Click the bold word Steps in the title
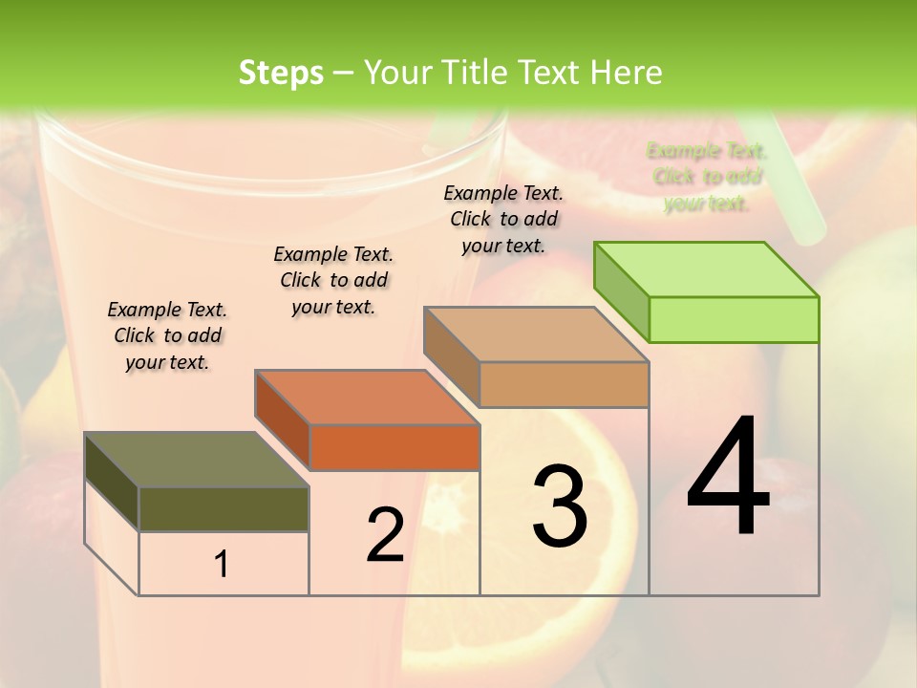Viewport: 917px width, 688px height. tap(281, 73)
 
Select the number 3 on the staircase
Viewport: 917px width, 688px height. tap(560, 506)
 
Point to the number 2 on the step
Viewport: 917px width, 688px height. tap(385, 536)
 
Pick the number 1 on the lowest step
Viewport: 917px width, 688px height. tap(222, 565)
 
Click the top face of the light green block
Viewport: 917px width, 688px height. tap(707, 269)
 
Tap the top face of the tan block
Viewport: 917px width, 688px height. tap(537, 334)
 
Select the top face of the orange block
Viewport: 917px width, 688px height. tap(368, 398)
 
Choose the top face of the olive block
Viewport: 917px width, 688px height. tap(197, 460)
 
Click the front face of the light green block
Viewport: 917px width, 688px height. tap(734, 319)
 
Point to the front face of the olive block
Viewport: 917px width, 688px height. tap(224, 509)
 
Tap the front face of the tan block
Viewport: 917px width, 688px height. tap(564, 385)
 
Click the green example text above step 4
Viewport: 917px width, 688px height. tap(707, 177)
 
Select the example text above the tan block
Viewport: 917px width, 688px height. tap(503, 219)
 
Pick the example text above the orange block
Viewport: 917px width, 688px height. tap(333, 280)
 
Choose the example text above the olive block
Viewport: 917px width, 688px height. tap(167, 335)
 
